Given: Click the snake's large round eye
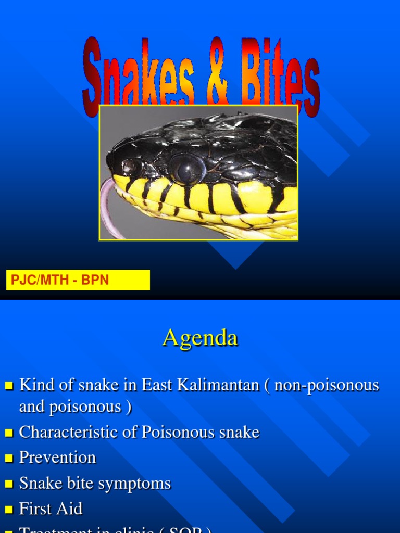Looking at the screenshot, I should pyautogui.click(x=186, y=169).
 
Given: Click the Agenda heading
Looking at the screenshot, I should pyautogui.click(x=200, y=338).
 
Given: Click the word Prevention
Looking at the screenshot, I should pyautogui.click(x=57, y=458).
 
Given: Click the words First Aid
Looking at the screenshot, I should pyautogui.click(x=51, y=509).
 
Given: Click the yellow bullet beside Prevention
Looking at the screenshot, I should pyautogui.click(x=8, y=458).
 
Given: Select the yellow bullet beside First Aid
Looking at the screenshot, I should pyautogui.click(x=8, y=509).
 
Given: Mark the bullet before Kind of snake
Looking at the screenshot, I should pyautogui.click(x=8, y=386).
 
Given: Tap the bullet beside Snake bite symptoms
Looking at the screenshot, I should pyautogui.click(x=8, y=484).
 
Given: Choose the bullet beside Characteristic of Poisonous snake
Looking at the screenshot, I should pyautogui.click(x=8, y=433).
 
